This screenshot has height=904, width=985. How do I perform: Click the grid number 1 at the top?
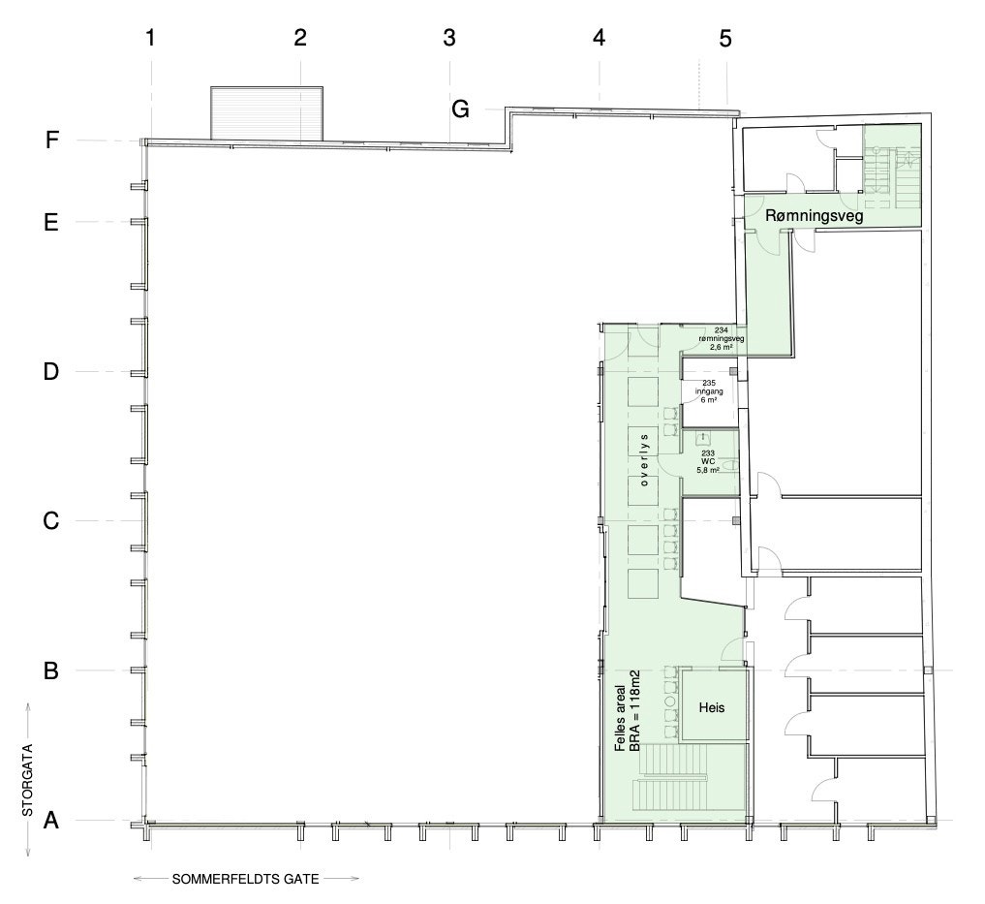point(150,39)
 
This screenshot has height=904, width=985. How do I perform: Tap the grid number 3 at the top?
point(449,39)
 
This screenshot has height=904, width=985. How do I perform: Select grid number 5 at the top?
point(725,39)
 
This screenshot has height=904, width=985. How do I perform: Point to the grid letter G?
point(460,109)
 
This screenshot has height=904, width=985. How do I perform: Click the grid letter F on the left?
point(52,140)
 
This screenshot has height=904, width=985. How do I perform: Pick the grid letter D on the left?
point(51,371)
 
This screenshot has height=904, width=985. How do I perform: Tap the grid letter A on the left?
point(51,820)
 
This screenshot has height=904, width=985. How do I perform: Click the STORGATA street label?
point(28,780)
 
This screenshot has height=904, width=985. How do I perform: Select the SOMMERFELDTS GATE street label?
point(246,879)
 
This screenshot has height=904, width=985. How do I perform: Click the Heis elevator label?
point(712,708)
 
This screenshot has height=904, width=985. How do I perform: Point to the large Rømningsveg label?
point(815,216)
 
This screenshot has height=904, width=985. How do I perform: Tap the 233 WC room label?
point(708,461)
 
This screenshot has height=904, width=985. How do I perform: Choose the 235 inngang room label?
point(709,391)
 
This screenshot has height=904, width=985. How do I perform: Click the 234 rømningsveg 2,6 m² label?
point(722,338)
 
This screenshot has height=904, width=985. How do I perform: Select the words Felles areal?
point(620,718)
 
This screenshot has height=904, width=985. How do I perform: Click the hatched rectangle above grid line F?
point(266,113)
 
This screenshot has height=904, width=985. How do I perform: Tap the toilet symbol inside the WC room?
point(730,465)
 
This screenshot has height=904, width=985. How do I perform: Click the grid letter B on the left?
point(51,670)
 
